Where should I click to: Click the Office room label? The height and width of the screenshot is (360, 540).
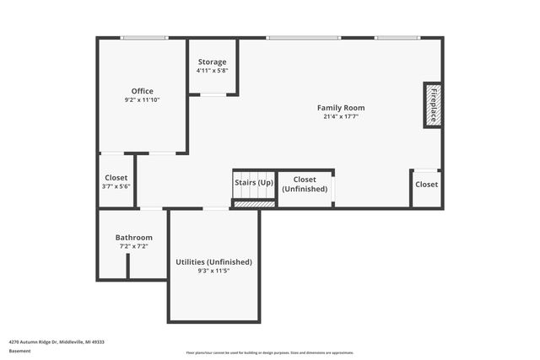click(x=142, y=91)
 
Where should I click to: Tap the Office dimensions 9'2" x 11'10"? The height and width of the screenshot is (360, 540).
click(x=142, y=100)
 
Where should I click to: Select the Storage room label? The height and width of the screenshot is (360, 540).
click(x=212, y=62)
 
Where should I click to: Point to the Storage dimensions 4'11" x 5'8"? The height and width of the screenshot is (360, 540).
click(x=212, y=71)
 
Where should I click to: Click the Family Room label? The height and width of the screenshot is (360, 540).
click(x=341, y=108)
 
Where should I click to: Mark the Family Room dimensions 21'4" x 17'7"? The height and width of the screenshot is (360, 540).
click(x=341, y=116)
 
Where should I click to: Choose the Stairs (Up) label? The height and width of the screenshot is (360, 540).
click(x=254, y=182)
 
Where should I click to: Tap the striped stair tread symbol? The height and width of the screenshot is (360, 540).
click(x=254, y=202)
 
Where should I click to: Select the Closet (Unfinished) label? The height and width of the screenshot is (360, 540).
click(x=305, y=185)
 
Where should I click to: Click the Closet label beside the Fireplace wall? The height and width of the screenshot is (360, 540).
click(x=426, y=185)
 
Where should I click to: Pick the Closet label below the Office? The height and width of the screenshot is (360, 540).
click(x=116, y=178)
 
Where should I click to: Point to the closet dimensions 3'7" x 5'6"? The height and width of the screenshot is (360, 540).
click(x=116, y=186)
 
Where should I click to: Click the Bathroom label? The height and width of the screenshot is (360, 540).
click(x=134, y=238)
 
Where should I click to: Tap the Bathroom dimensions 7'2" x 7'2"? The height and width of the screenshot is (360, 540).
click(x=134, y=247)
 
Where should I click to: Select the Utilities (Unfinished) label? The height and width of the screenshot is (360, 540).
click(x=213, y=262)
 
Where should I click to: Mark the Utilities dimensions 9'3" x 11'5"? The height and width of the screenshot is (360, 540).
click(x=213, y=271)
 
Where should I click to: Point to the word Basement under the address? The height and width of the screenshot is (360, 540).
click(x=20, y=351)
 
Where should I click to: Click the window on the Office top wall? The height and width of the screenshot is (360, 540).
click(x=143, y=38)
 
